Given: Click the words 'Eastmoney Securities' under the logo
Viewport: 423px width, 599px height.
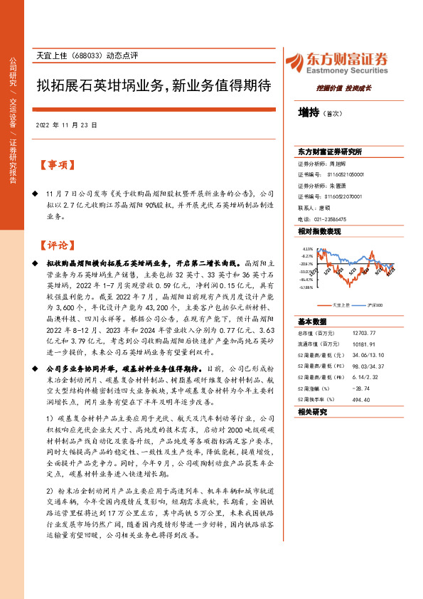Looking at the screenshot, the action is click(x=346, y=72).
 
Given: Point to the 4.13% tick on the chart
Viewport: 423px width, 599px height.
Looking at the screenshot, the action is click(x=308, y=249).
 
